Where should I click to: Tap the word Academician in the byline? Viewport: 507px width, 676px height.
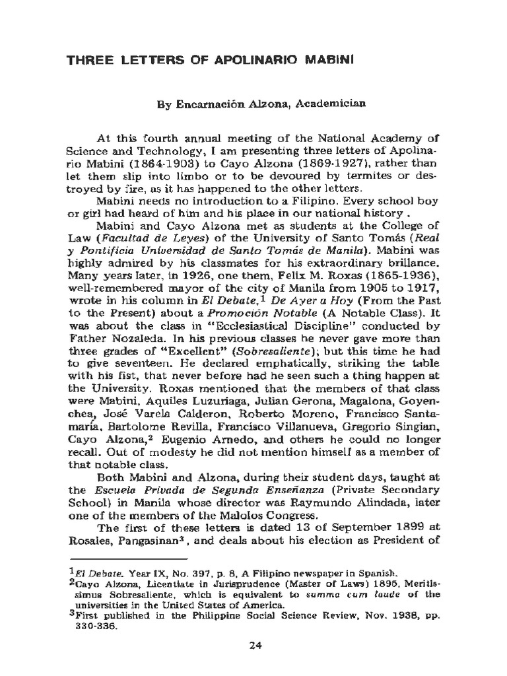[327, 104]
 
